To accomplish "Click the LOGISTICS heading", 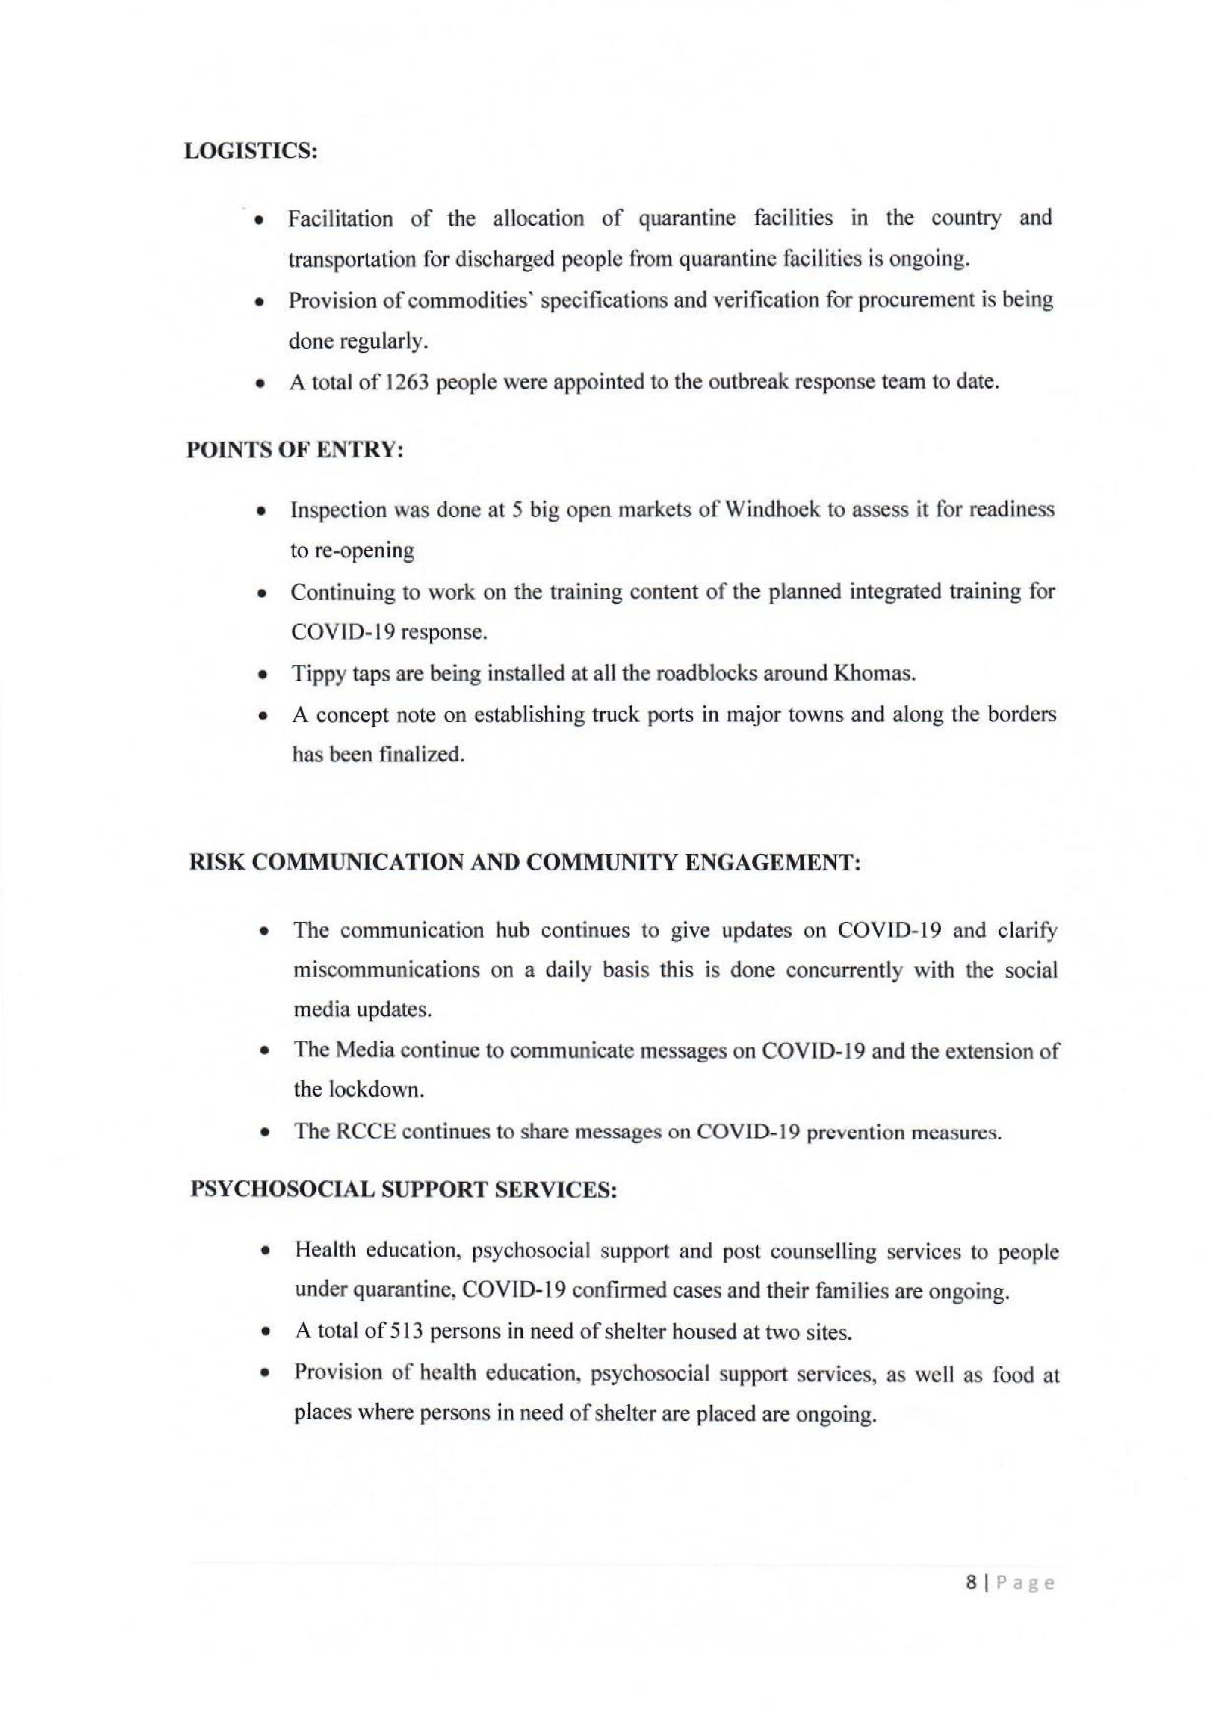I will click(x=251, y=151).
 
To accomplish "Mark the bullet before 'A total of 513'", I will click(x=264, y=1333).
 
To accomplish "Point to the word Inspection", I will click(x=338, y=510).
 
